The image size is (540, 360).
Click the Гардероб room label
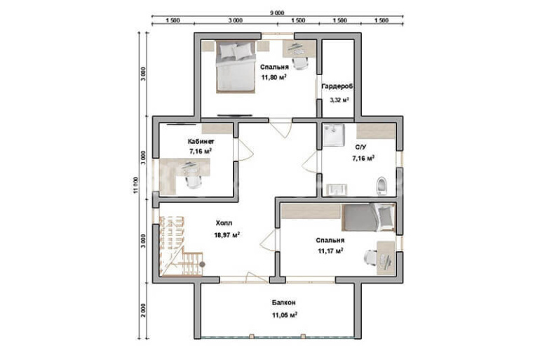(x=337, y=87)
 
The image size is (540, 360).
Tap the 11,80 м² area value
(x=274, y=77)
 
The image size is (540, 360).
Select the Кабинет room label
(x=201, y=141)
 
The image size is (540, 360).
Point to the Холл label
(x=224, y=223)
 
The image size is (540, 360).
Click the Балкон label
(x=283, y=302)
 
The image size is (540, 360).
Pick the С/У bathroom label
(x=361, y=147)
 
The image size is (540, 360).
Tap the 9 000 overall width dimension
(x=277, y=13)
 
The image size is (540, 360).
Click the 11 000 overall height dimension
(x=135, y=185)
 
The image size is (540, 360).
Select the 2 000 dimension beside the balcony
(x=143, y=310)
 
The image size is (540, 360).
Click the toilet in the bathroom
(x=382, y=186)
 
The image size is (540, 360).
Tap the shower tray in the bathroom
(x=333, y=135)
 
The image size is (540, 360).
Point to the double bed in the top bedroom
(x=236, y=67)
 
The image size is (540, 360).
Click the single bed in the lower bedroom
(x=367, y=218)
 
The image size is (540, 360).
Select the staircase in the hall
(x=181, y=246)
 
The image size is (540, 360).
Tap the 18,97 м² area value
(x=227, y=235)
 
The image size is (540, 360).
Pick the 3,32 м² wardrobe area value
(x=339, y=100)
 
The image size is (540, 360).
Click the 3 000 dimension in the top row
(x=235, y=20)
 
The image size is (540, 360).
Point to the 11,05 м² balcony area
(x=285, y=315)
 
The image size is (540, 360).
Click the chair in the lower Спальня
(x=371, y=258)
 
